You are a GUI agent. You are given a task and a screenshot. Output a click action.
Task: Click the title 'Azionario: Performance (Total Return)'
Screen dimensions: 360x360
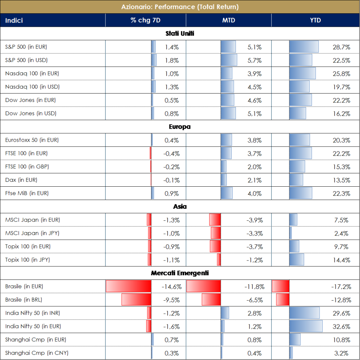pyautogui.click(x=180, y=7)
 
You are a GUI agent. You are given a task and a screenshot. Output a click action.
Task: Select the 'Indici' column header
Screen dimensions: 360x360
pyautogui.click(x=14, y=20)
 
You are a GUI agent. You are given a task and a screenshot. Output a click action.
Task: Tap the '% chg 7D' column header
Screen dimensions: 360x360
pyautogui.click(x=146, y=20)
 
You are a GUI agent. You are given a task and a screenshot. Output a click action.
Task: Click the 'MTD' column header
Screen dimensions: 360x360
pyautogui.click(x=229, y=20)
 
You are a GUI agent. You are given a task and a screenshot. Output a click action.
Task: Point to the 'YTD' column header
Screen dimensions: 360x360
pyautogui.click(x=315, y=20)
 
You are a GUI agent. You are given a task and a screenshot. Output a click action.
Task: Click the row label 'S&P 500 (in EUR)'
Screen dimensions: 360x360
pyautogui.click(x=26, y=47)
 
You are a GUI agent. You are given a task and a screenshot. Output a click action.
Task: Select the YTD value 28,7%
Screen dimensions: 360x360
pyautogui.click(x=341, y=47)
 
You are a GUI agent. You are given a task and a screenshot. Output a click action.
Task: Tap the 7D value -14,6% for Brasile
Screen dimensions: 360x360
pyautogui.click(x=172, y=287)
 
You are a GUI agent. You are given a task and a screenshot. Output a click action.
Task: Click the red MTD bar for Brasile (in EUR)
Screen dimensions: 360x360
pyautogui.click(x=203, y=286)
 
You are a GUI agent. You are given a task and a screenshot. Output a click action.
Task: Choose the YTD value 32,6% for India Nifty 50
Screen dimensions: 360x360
pyautogui.click(x=341, y=327)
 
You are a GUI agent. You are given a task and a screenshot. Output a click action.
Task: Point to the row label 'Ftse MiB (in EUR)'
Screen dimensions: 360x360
pyautogui.click(x=27, y=193)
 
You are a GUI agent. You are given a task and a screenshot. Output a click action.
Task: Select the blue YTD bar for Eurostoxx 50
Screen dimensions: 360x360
pyautogui.click(x=300, y=140)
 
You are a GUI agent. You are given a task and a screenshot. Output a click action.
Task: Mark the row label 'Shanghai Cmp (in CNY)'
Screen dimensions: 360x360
pyautogui.click(x=32, y=353)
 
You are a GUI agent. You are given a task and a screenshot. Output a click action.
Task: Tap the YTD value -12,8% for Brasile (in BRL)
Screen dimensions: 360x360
pyautogui.click(x=341, y=300)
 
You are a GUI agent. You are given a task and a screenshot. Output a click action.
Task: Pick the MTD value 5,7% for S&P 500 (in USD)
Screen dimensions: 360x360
pyautogui.click(x=255, y=60)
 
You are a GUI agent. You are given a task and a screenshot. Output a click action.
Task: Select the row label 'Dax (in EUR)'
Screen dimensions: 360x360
pyautogui.click(x=21, y=180)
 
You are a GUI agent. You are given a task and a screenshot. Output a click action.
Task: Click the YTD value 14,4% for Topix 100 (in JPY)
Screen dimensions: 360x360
pyautogui.click(x=341, y=260)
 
